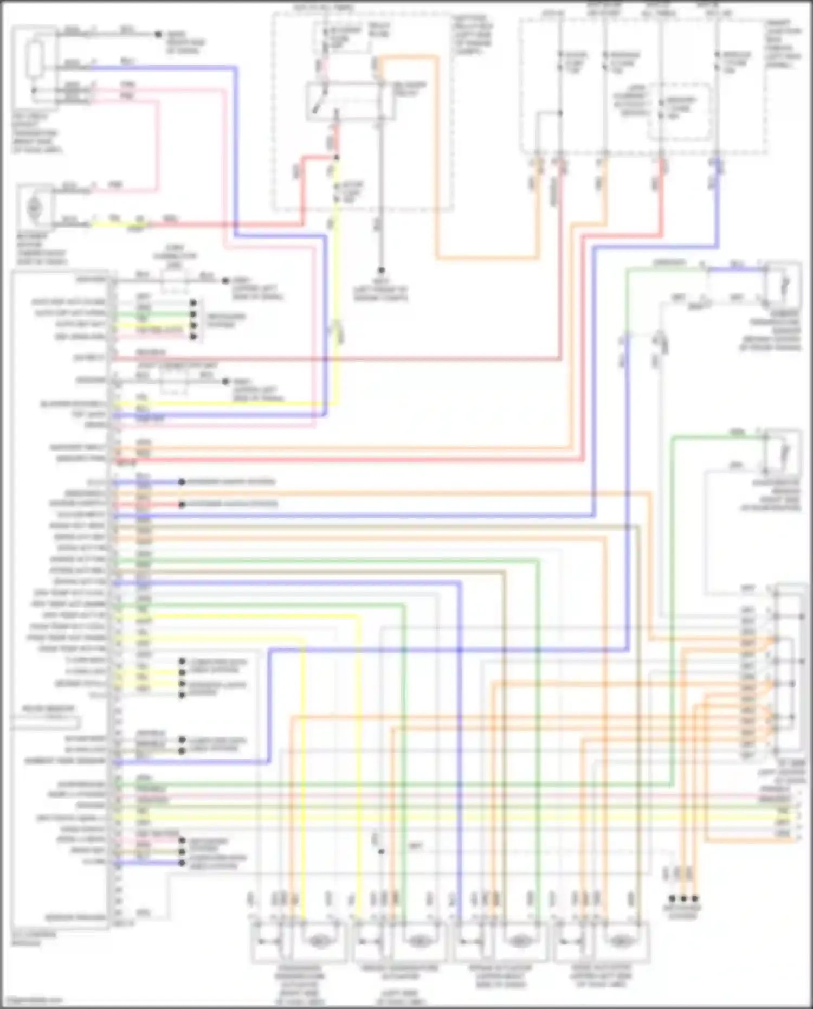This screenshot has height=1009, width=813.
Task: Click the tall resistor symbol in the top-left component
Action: pyautogui.click(x=35, y=58)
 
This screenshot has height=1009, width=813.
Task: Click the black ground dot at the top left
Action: pyautogui.click(x=158, y=34)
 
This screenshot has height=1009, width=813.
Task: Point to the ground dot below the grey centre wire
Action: pyautogui.click(x=382, y=270)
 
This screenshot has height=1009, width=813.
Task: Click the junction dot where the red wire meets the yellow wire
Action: pyautogui.click(x=337, y=158)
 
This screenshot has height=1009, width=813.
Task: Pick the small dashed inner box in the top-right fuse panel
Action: pyautogui.click(x=680, y=111)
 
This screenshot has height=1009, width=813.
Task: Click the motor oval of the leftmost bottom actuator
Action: pyautogui.click(x=318, y=942)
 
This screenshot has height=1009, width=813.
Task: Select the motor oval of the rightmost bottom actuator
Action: pyautogui.click(x=619, y=942)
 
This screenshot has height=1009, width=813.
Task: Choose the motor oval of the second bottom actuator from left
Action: pyautogui.click(x=418, y=942)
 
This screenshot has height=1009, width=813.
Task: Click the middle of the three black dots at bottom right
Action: pyautogui.click(x=683, y=898)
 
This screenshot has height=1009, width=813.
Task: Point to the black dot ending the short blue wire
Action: pyautogui.click(x=182, y=481)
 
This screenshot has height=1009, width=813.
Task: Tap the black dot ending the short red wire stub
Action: pyautogui.click(x=182, y=504)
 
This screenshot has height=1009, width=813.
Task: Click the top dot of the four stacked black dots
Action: pyautogui.click(x=193, y=303)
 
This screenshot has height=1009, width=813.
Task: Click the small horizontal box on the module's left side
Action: pyautogui.click(x=46, y=723)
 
